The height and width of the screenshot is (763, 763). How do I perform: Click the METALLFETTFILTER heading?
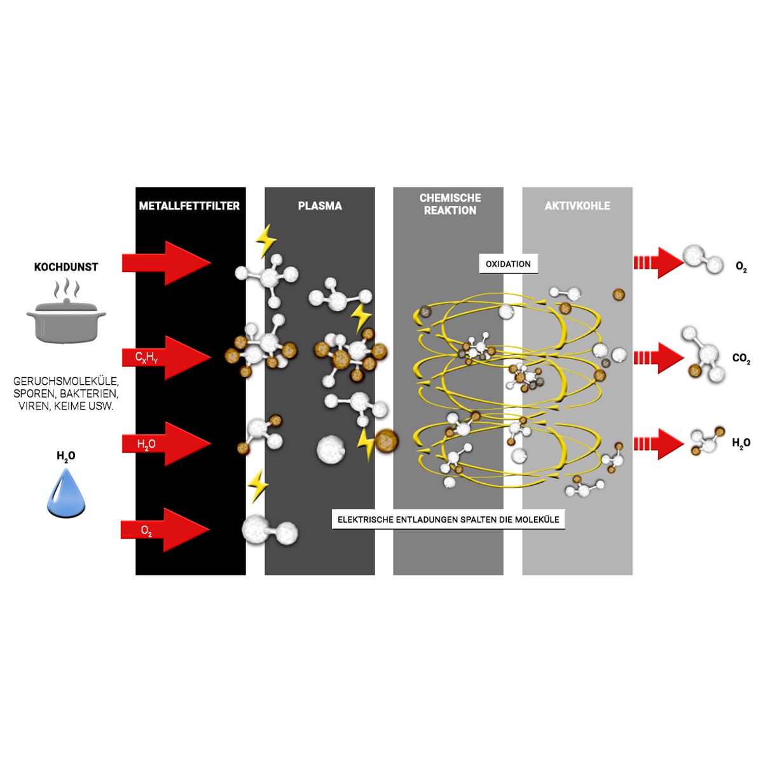click(x=189, y=206)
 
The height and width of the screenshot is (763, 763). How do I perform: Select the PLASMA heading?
click(x=320, y=206)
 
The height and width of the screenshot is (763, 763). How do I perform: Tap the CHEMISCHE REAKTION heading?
click(x=450, y=204)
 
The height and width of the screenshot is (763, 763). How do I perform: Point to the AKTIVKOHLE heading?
click(x=577, y=206)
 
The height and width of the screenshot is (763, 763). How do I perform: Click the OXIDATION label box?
click(x=508, y=264)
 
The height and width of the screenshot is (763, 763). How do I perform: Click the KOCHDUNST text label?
click(x=66, y=267)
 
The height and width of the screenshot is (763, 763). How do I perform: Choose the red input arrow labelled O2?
click(x=165, y=530)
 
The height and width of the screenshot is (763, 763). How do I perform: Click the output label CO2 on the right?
click(x=741, y=359)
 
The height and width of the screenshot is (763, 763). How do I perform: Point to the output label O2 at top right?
click(x=741, y=267)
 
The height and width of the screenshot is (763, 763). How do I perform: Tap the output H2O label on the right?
click(x=741, y=443)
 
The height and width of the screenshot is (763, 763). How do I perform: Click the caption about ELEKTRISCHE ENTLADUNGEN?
click(x=448, y=519)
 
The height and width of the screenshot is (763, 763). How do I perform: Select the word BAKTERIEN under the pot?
click(x=88, y=394)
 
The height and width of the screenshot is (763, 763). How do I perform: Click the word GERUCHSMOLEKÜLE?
click(x=66, y=381)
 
